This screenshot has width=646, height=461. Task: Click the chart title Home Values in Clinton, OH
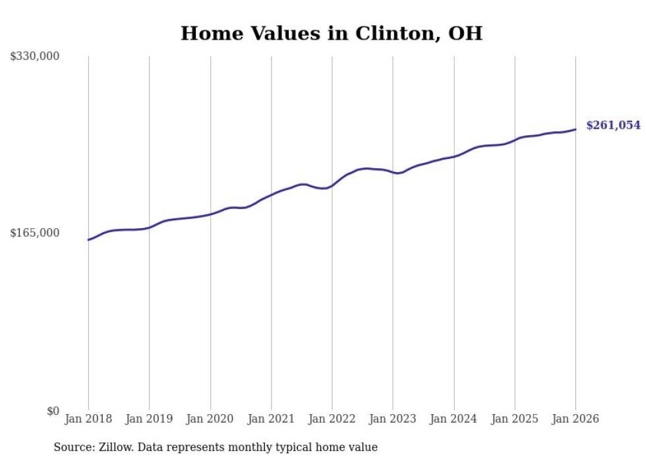(x=331, y=34)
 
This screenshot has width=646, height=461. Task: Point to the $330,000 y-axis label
(x=34, y=57)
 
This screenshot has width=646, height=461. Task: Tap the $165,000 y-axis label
(x=34, y=233)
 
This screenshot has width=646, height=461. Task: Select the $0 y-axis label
(x=53, y=411)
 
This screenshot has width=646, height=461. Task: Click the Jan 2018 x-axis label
(x=88, y=419)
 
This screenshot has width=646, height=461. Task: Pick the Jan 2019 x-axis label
(x=149, y=419)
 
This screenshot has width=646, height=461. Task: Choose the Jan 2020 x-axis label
(x=210, y=419)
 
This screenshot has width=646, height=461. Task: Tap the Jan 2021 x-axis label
(x=271, y=419)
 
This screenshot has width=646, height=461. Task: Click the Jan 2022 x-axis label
(x=332, y=419)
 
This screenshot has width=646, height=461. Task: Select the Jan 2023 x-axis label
(x=393, y=419)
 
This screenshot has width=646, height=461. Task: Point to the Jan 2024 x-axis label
(x=454, y=419)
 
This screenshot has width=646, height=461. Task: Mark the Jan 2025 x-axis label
(x=515, y=419)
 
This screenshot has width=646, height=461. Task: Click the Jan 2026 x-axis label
(x=575, y=419)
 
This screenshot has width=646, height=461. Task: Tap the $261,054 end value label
(x=613, y=125)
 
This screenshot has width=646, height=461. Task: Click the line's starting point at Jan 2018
(x=88, y=239)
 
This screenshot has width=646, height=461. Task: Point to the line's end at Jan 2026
(x=575, y=129)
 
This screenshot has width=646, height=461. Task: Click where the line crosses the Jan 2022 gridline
(x=332, y=185)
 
